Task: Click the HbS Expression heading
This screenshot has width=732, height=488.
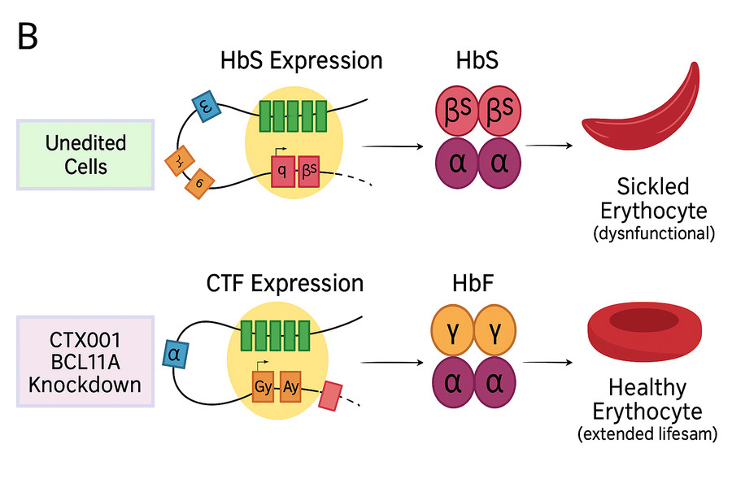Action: pyautogui.click(x=301, y=60)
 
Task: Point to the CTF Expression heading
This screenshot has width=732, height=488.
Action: pyautogui.click(x=285, y=283)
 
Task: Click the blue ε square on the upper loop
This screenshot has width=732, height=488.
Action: pyautogui.click(x=204, y=106)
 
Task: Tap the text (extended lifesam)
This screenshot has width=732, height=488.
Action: pyautogui.click(x=647, y=434)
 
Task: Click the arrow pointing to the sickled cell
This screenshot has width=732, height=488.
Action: pyautogui.click(x=547, y=146)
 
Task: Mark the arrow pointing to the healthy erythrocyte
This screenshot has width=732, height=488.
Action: pyautogui.click(x=545, y=360)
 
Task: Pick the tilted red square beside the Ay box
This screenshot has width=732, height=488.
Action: pyautogui.click(x=330, y=395)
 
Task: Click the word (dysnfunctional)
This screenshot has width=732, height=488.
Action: pyautogui.click(x=654, y=234)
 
